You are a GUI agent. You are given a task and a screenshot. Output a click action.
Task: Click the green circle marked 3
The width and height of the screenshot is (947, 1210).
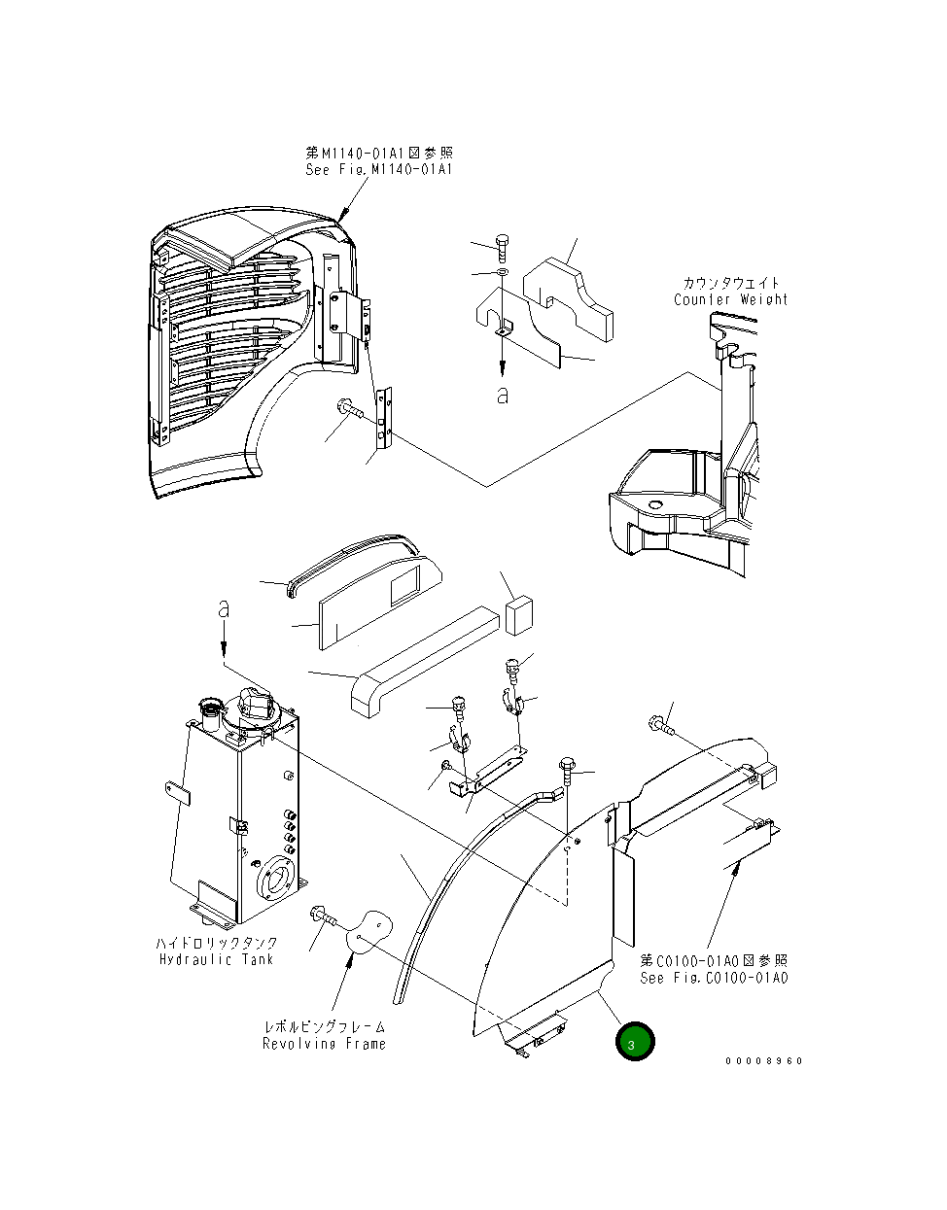pos(635,1043)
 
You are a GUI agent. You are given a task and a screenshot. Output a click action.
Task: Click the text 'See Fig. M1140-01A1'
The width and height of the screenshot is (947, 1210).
pos(378,170)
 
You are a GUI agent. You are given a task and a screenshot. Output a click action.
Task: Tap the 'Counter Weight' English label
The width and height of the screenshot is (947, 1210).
pos(730,299)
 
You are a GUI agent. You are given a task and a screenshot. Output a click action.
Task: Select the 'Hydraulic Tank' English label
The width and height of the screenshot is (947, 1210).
pos(216,959)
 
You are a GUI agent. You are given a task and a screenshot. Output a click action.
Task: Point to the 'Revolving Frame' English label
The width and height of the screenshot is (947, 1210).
pos(324,1044)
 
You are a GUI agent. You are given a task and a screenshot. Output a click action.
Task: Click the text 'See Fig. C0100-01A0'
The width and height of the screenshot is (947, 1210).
pos(714,978)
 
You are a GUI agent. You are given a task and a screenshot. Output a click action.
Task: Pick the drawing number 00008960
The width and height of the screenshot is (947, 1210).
pos(763,1060)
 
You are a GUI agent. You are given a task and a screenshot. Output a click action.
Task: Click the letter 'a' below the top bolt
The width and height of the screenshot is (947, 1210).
pos(502,395)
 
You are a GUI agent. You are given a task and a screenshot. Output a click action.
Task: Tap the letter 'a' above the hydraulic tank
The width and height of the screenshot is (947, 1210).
pos(224,609)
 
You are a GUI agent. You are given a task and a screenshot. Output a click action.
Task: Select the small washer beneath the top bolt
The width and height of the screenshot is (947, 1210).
pos(502,273)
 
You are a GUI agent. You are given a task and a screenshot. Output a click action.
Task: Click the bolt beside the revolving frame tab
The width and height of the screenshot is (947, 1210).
pos(322,915)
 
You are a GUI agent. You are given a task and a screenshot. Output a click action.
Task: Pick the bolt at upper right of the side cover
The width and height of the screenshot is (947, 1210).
pos(658,724)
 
